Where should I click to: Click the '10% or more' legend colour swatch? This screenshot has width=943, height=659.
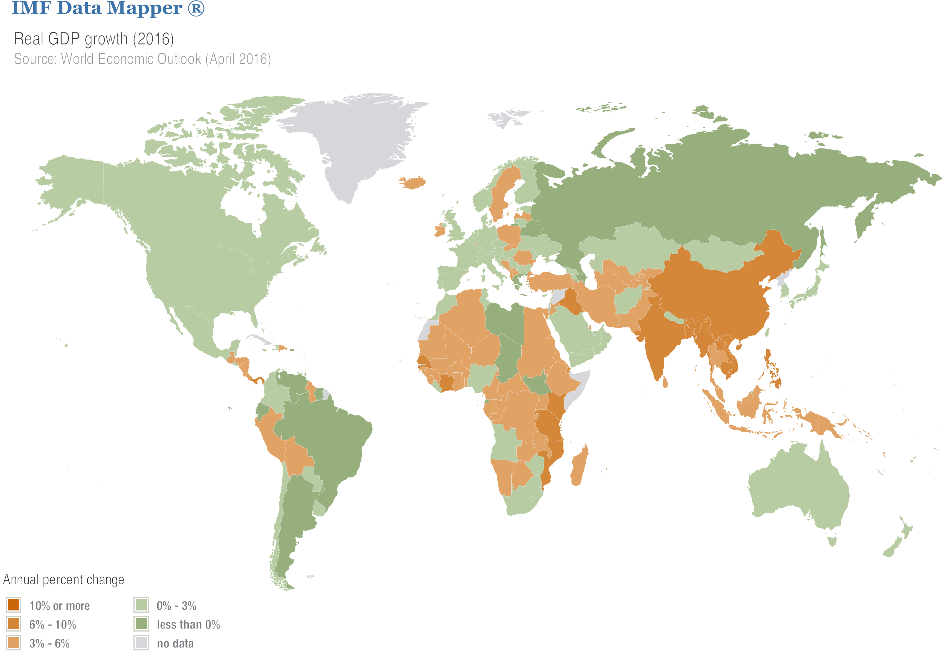14,605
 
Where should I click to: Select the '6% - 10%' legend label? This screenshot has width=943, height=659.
52,625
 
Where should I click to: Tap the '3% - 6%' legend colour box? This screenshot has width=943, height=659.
14,643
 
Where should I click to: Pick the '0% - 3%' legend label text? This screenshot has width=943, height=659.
177,606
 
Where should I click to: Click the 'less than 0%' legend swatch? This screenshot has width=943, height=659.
141,624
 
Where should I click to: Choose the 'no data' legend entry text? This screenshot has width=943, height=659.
175,644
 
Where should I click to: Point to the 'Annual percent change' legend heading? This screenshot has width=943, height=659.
64,580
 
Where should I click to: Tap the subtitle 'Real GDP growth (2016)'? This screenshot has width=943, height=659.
94,39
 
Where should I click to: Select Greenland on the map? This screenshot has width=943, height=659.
353,140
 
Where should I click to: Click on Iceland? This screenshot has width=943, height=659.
412,182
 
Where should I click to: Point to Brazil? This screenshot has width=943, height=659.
328,436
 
